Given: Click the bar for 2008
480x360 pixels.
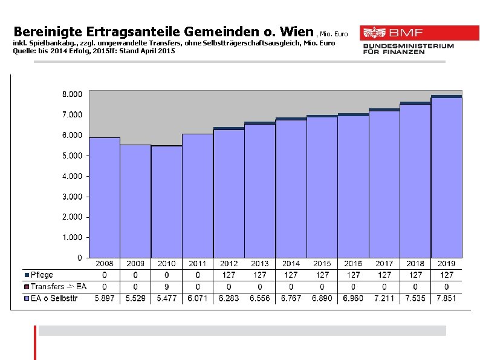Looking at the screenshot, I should (x=104, y=197).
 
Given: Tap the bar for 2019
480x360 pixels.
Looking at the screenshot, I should (x=446, y=177).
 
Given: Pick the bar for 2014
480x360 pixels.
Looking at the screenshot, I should (x=291, y=188).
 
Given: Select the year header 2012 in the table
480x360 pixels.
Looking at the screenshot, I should (x=229, y=264).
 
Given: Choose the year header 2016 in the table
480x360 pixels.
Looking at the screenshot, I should (x=353, y=264).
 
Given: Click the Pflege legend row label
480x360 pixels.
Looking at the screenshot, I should (x=42, y=275).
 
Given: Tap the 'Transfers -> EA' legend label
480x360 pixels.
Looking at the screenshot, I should (x=58, y=286).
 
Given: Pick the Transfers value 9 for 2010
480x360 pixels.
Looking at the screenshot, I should (x=166, y=286).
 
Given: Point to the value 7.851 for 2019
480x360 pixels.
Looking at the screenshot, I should (x=446, y=298).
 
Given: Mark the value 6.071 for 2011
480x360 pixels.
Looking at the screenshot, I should (x=198, y=298).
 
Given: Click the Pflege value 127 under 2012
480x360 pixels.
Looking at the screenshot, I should (x=229, y=275).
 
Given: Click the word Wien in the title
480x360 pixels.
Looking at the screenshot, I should (x=295, y=30).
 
